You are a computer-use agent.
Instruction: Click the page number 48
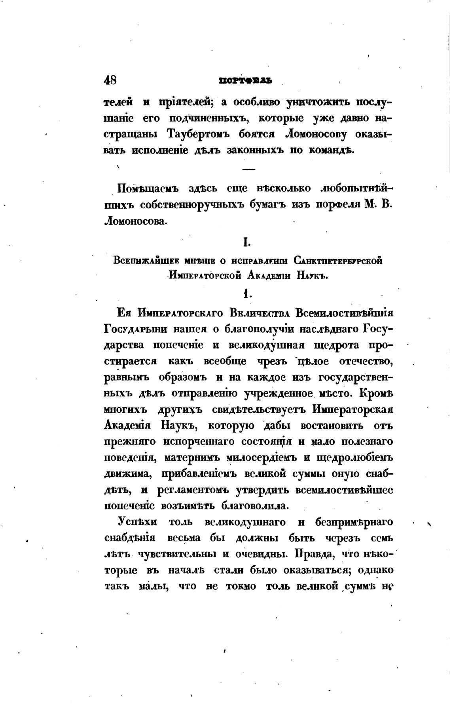(110, 80)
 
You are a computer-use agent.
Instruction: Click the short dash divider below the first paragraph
(248, 169)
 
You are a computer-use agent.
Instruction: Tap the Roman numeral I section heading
(246, 242)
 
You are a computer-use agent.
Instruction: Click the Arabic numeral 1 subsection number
(246, 293)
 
